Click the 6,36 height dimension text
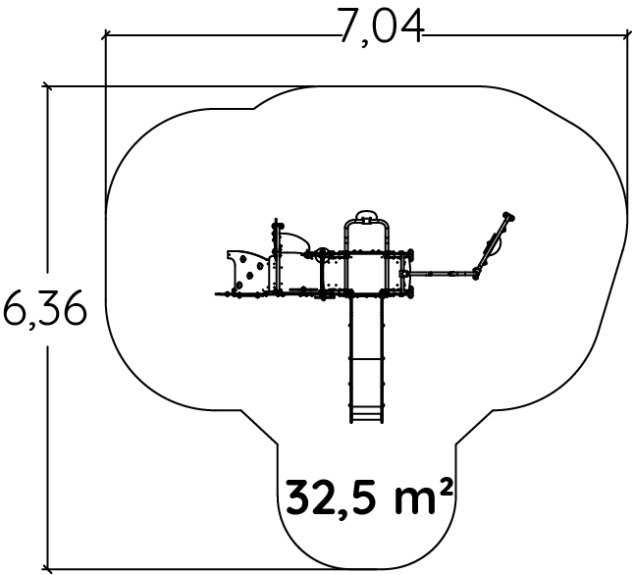coord(45,309)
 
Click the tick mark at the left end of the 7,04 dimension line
coord(106,35)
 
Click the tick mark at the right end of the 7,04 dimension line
coord(628,35)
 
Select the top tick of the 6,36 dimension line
coord(48,86)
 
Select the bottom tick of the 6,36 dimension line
coord(48,568)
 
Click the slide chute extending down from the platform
coord(366,359)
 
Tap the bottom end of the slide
coord(366,422)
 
